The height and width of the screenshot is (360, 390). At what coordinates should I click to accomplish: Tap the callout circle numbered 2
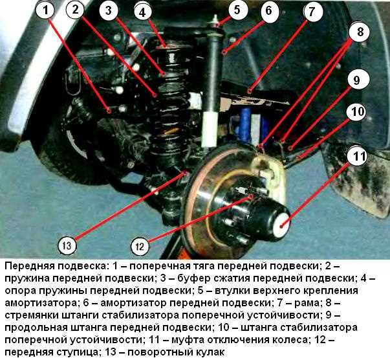coord(77,10)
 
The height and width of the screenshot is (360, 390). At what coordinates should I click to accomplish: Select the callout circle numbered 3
coord(109,11)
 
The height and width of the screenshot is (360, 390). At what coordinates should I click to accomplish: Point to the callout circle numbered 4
coord(142,11)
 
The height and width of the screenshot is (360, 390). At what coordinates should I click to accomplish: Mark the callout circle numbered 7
coord(312,12)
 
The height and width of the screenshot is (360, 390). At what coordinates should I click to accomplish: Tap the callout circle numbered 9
coord(356,80)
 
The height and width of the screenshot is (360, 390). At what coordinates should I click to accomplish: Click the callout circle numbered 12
coord(140,245)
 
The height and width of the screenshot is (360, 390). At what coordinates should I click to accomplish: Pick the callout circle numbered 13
coord(67,245)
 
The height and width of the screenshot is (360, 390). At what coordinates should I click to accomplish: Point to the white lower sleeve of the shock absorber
coord(210,129)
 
